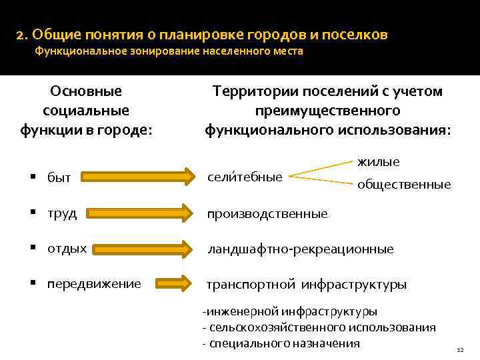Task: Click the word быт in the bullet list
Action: click(x=59, y=177)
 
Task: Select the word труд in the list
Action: click(x=61, y=213)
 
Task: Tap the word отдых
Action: click(x=67, y=248)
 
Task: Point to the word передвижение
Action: click(x=94, y=283)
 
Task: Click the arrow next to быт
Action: click(x=138, y=177)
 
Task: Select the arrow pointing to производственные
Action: click(x=138, y=213)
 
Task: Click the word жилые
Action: click(x=379, y=161)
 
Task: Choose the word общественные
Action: click(x=404, y=185)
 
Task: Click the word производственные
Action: click(x=267, y=213)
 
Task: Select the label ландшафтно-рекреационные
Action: click(x=301, y=249)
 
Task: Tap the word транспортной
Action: click(x=251, y=285)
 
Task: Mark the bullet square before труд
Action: click(x=33, y=213)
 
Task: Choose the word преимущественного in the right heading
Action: click(x=327, y=110)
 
